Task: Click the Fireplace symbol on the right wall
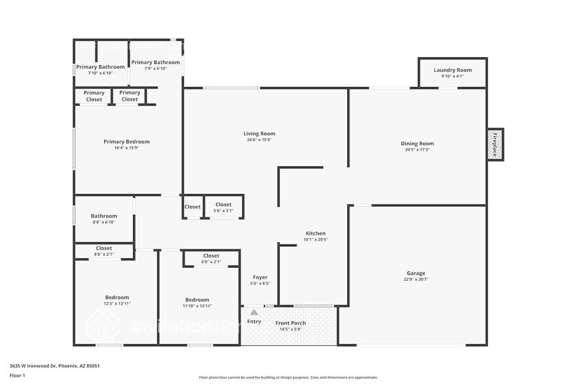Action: [495, 143]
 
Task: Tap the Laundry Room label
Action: [452, 70]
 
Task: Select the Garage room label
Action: [416, 273]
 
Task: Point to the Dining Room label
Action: [417, 143]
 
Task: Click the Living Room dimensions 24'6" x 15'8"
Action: [259, 139]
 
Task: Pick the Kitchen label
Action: [315, 233]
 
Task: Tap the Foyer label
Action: [259, 277]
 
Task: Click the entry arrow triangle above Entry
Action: [254, 313]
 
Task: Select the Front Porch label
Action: [290, 323]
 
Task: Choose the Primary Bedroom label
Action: [126, 141]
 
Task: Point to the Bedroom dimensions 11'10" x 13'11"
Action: [197, 306]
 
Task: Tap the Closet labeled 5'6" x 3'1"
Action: [223, 205]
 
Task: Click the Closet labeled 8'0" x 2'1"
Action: [211, 256]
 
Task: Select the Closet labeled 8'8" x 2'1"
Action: [104, 248]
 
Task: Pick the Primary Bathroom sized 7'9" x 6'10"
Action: [156, 62]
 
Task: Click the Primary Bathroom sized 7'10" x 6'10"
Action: [100, 67]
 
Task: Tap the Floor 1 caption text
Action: [18, 375]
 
